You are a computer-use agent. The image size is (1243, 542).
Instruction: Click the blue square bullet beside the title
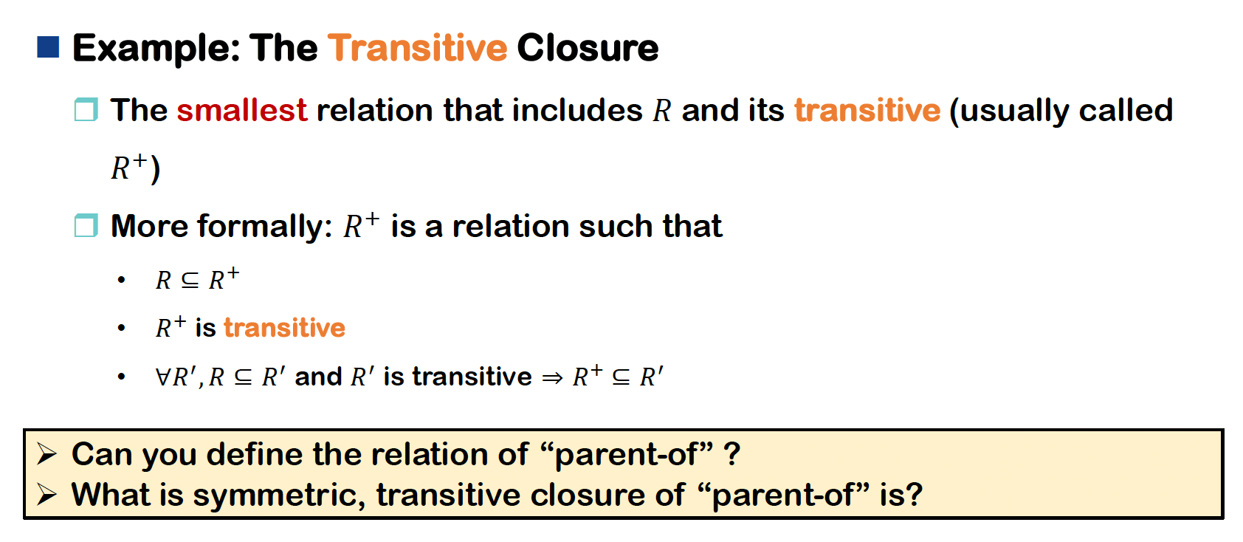[48, 47]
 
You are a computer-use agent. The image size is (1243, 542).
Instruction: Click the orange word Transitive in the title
[417, 48]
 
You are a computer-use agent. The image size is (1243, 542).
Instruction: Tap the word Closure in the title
[588, 48]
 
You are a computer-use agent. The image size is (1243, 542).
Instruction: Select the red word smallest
[242, 110]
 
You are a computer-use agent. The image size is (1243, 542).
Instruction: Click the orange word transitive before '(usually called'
[867, 110]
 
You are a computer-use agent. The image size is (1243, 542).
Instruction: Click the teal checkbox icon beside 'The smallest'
[86, 109]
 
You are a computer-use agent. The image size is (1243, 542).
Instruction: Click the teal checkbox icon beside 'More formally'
[86, 225]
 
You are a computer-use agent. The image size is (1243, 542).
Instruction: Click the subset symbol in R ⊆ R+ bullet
[190, 281]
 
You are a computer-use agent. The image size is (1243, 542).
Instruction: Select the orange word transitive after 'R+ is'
[285, 328]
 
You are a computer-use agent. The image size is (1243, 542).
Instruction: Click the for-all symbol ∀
[164, 377]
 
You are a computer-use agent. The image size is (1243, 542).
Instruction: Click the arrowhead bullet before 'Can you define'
[47, 454]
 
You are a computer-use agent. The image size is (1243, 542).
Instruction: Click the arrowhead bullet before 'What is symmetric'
[47, 494]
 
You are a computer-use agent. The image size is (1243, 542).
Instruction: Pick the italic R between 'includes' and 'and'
[662, 111]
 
